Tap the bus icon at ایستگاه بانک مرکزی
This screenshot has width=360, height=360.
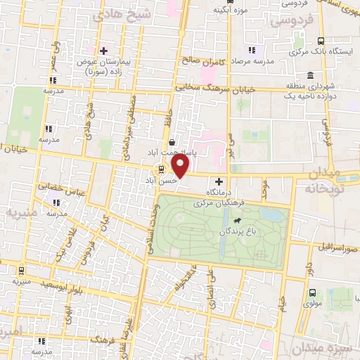(x=321, y=41)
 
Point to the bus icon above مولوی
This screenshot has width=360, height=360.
(x=312, y=293)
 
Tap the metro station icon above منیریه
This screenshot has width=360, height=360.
(x=21, y=270)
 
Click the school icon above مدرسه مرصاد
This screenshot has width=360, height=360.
(x=250, y=51)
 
